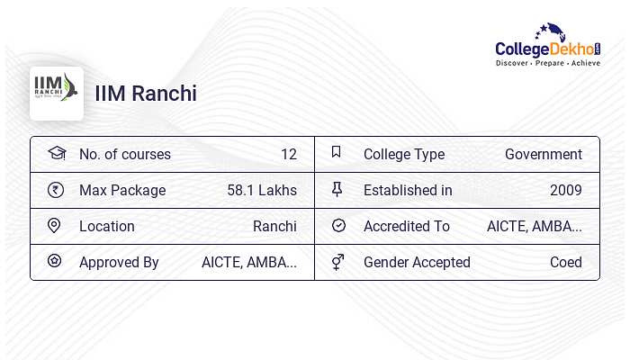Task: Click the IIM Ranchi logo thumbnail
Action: pos(57,94)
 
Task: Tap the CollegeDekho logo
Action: pos(548,45)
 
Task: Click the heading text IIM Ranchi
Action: pos(146,94)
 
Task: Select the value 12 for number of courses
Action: pos(289,154)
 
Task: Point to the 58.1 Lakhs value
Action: pos(262,190)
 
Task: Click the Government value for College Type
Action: pos(544,154)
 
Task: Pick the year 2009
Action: pos(566,190)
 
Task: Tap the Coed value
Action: pos(566,263)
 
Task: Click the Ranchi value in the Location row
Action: pos(274,226)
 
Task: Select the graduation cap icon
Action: pos(57,153)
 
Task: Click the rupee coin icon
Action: pos(56,190)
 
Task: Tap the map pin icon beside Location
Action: pos(54,226)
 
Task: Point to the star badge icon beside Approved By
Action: pos(54,261)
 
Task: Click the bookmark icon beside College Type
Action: pos(337,152)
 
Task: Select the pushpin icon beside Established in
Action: pos(337,189)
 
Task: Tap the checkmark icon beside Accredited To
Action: pos(338,225)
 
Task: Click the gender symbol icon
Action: pos(337,262)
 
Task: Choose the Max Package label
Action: pos(122,191)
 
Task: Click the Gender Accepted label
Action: pos(417,263)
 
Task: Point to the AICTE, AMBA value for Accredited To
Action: pos(535,227)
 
